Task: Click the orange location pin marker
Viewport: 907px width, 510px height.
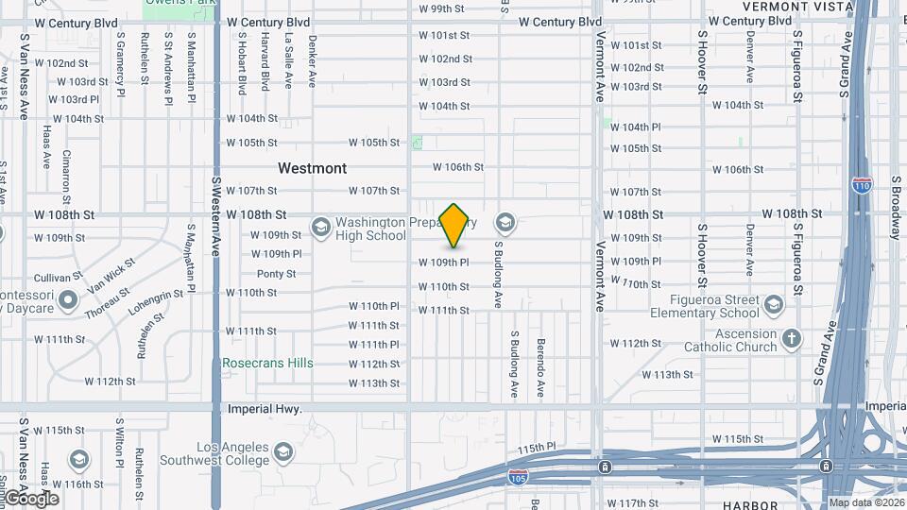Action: click(x=454, y=225)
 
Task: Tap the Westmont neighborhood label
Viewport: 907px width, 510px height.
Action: click(x=312, y=168)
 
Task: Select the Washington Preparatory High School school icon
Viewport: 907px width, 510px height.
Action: click(x=320, y=227)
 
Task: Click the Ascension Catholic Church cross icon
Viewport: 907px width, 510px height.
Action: click(x=791, y=337)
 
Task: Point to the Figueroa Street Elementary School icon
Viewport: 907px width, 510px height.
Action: click(x=774, y=304)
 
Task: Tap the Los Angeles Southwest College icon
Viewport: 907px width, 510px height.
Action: click(x=282, y=453)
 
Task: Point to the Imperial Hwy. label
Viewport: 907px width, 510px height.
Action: click(x=265, y=409)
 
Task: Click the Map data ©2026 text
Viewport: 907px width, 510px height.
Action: click(x=865, y=502)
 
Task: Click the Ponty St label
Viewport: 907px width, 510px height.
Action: click(x=276, y=274)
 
